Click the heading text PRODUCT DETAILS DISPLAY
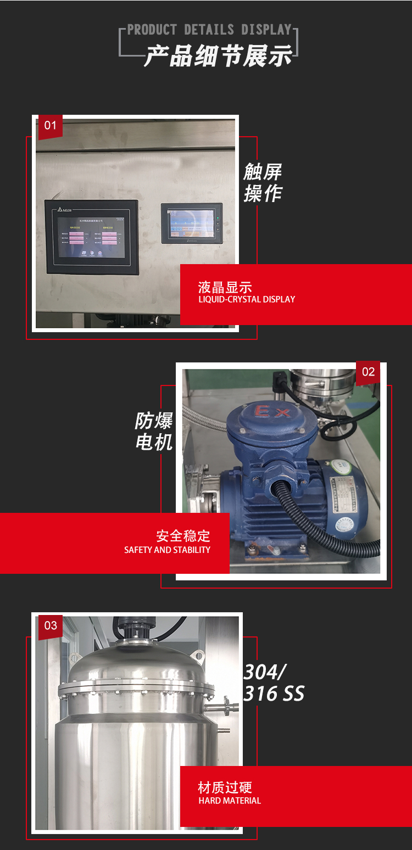[x=209, y=30]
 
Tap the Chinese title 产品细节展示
[x=218, y=56]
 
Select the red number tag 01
[x=50, y=126]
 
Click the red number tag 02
[x=368, y=372]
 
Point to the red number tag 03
[x=51, y=625]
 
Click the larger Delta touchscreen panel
[x=92, y=237]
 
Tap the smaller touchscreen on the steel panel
[x=191, y=223]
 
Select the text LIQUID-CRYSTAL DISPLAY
[x=247, y=299]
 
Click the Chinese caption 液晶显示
[x=225, y=287]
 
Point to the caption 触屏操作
[x=263, y=183]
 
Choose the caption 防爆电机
[x=154, y=432]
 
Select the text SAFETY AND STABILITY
[x=167, y=550]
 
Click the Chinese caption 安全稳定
[x=183, y=535]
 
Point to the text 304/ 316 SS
[x=273, y=683]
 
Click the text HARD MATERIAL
[x=230, y=801]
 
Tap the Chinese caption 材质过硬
[x=225, y=787]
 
